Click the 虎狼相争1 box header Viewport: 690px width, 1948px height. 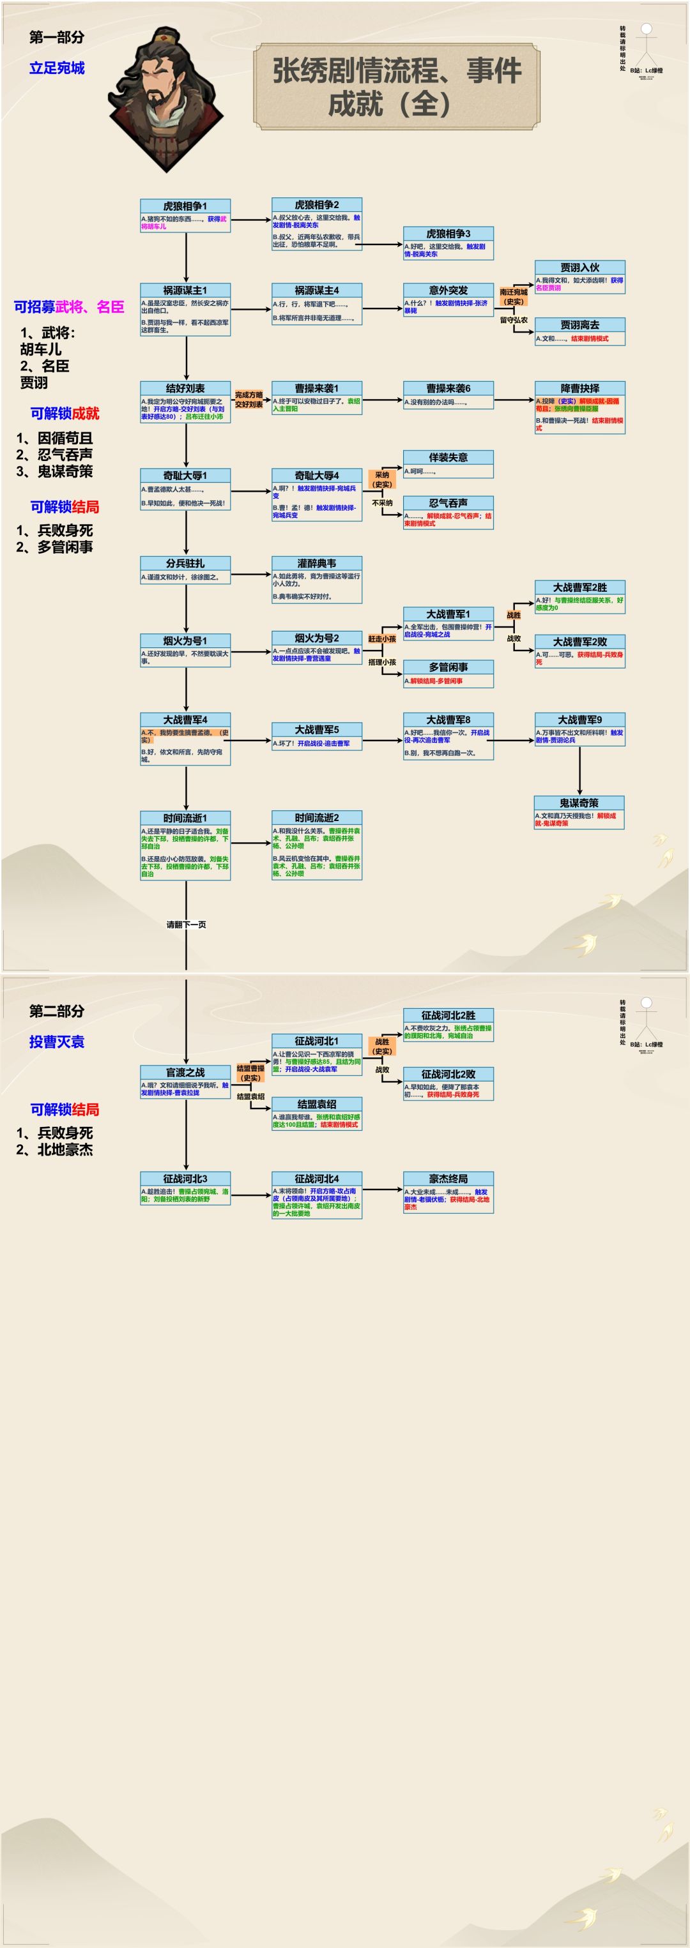coord(185,206)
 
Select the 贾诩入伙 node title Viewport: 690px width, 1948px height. coord(579,267)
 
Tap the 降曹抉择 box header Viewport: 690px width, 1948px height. coord(579,388)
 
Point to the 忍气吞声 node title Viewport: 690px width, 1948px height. coord(448,503)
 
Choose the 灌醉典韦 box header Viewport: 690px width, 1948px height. coord(316,563)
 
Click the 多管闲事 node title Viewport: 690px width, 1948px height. coord(448,667)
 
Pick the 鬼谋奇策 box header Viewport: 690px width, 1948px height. coord(579,803)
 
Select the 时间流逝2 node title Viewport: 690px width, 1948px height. coord(316,817)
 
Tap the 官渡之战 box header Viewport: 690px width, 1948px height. coord(185,1072)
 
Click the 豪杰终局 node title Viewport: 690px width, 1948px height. coord(448,1178)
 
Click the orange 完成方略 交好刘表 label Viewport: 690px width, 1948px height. coord(248,399)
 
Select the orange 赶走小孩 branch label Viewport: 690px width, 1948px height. coord(382,638)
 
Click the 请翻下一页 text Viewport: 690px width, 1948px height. coord(186,924)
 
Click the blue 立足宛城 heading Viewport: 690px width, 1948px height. coord(57,68)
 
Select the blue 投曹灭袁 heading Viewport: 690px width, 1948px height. coord(57,1041)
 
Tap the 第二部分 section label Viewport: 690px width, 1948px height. coord(57,1011)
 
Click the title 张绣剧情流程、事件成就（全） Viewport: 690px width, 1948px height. coord(397,86)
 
